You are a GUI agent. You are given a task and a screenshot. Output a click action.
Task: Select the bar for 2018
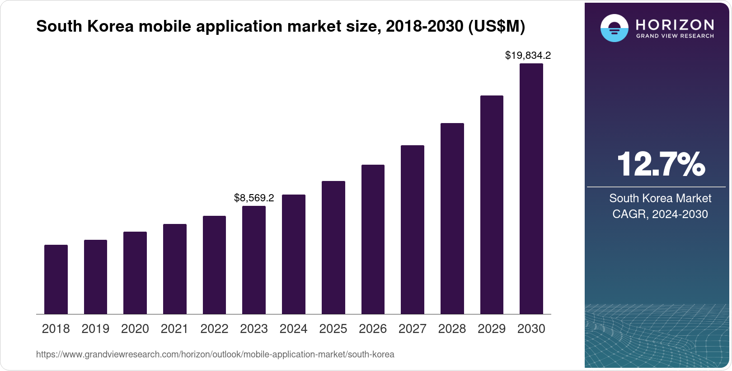[56, 279]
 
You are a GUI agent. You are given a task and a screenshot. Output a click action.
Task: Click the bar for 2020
[135, 273]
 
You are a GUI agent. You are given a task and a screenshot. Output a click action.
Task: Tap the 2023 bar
[254, 260]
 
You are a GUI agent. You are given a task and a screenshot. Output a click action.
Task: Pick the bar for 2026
[373, 239]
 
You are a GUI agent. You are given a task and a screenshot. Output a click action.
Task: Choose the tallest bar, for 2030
[531, 189]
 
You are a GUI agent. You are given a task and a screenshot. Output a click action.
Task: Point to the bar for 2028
[452, 219]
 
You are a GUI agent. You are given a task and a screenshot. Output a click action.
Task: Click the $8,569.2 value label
[254, 198]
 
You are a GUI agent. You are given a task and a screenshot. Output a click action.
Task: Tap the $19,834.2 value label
[528, 55]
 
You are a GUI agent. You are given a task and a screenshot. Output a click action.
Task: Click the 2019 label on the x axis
[95, 329]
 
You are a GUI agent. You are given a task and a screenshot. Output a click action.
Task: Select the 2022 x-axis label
[214, 329]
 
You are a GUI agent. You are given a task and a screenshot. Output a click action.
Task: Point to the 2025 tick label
[333, 329]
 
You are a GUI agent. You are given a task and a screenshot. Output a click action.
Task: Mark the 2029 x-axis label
[492, 329]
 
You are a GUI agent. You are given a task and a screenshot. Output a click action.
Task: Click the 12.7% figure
[661, 164]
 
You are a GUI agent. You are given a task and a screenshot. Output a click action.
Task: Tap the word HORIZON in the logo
[675, 25]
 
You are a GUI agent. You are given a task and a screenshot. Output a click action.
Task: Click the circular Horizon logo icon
[614, 28]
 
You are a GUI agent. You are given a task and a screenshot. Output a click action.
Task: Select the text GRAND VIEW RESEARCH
[675, 36]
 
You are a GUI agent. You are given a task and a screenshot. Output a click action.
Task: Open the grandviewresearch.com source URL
[215, 354]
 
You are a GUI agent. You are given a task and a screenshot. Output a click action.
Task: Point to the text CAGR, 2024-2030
[660, 214]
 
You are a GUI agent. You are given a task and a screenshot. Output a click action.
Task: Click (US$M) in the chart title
[497, 26]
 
